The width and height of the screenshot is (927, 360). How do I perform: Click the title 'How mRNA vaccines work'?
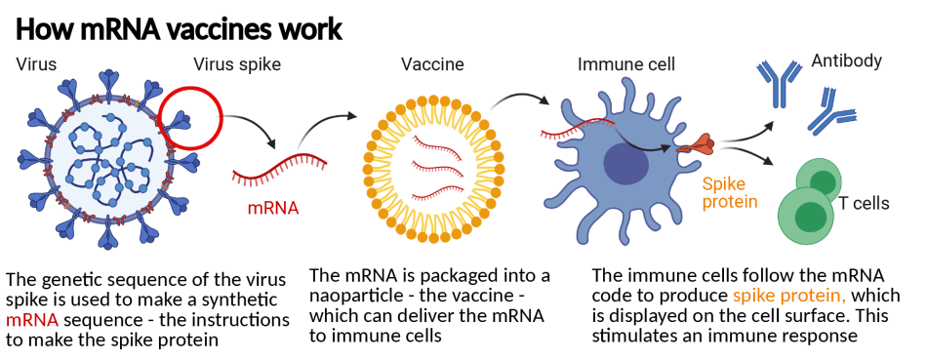click(179, 28)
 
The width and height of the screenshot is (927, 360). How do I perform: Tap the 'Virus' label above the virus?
click(36, 65)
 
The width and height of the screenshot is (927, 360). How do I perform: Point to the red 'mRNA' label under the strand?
click(272, 208)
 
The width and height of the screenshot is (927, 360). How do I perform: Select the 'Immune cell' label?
click(625, 65)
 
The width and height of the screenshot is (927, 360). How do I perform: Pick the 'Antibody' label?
click(846, 61)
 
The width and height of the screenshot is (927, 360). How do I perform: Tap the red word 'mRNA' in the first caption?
click(28, 319)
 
